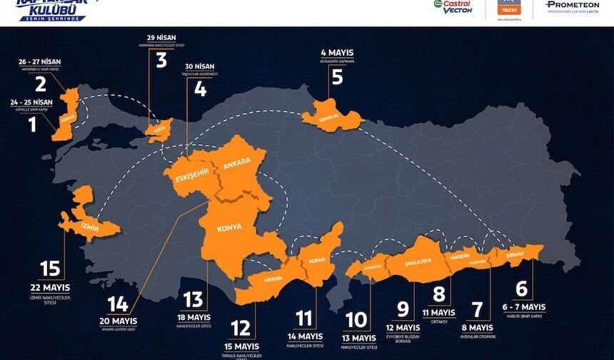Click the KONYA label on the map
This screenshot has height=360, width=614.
[229, 227]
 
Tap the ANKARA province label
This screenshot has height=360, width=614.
[237, 164]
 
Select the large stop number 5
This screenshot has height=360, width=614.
[336, 76]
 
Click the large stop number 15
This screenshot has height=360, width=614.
[50, 269]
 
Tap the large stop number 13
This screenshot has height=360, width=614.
[193, 300]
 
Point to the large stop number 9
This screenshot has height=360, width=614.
[403, 309]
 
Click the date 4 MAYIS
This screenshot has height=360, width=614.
[336, 51]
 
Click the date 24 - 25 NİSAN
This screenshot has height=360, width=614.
[33, 101]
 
